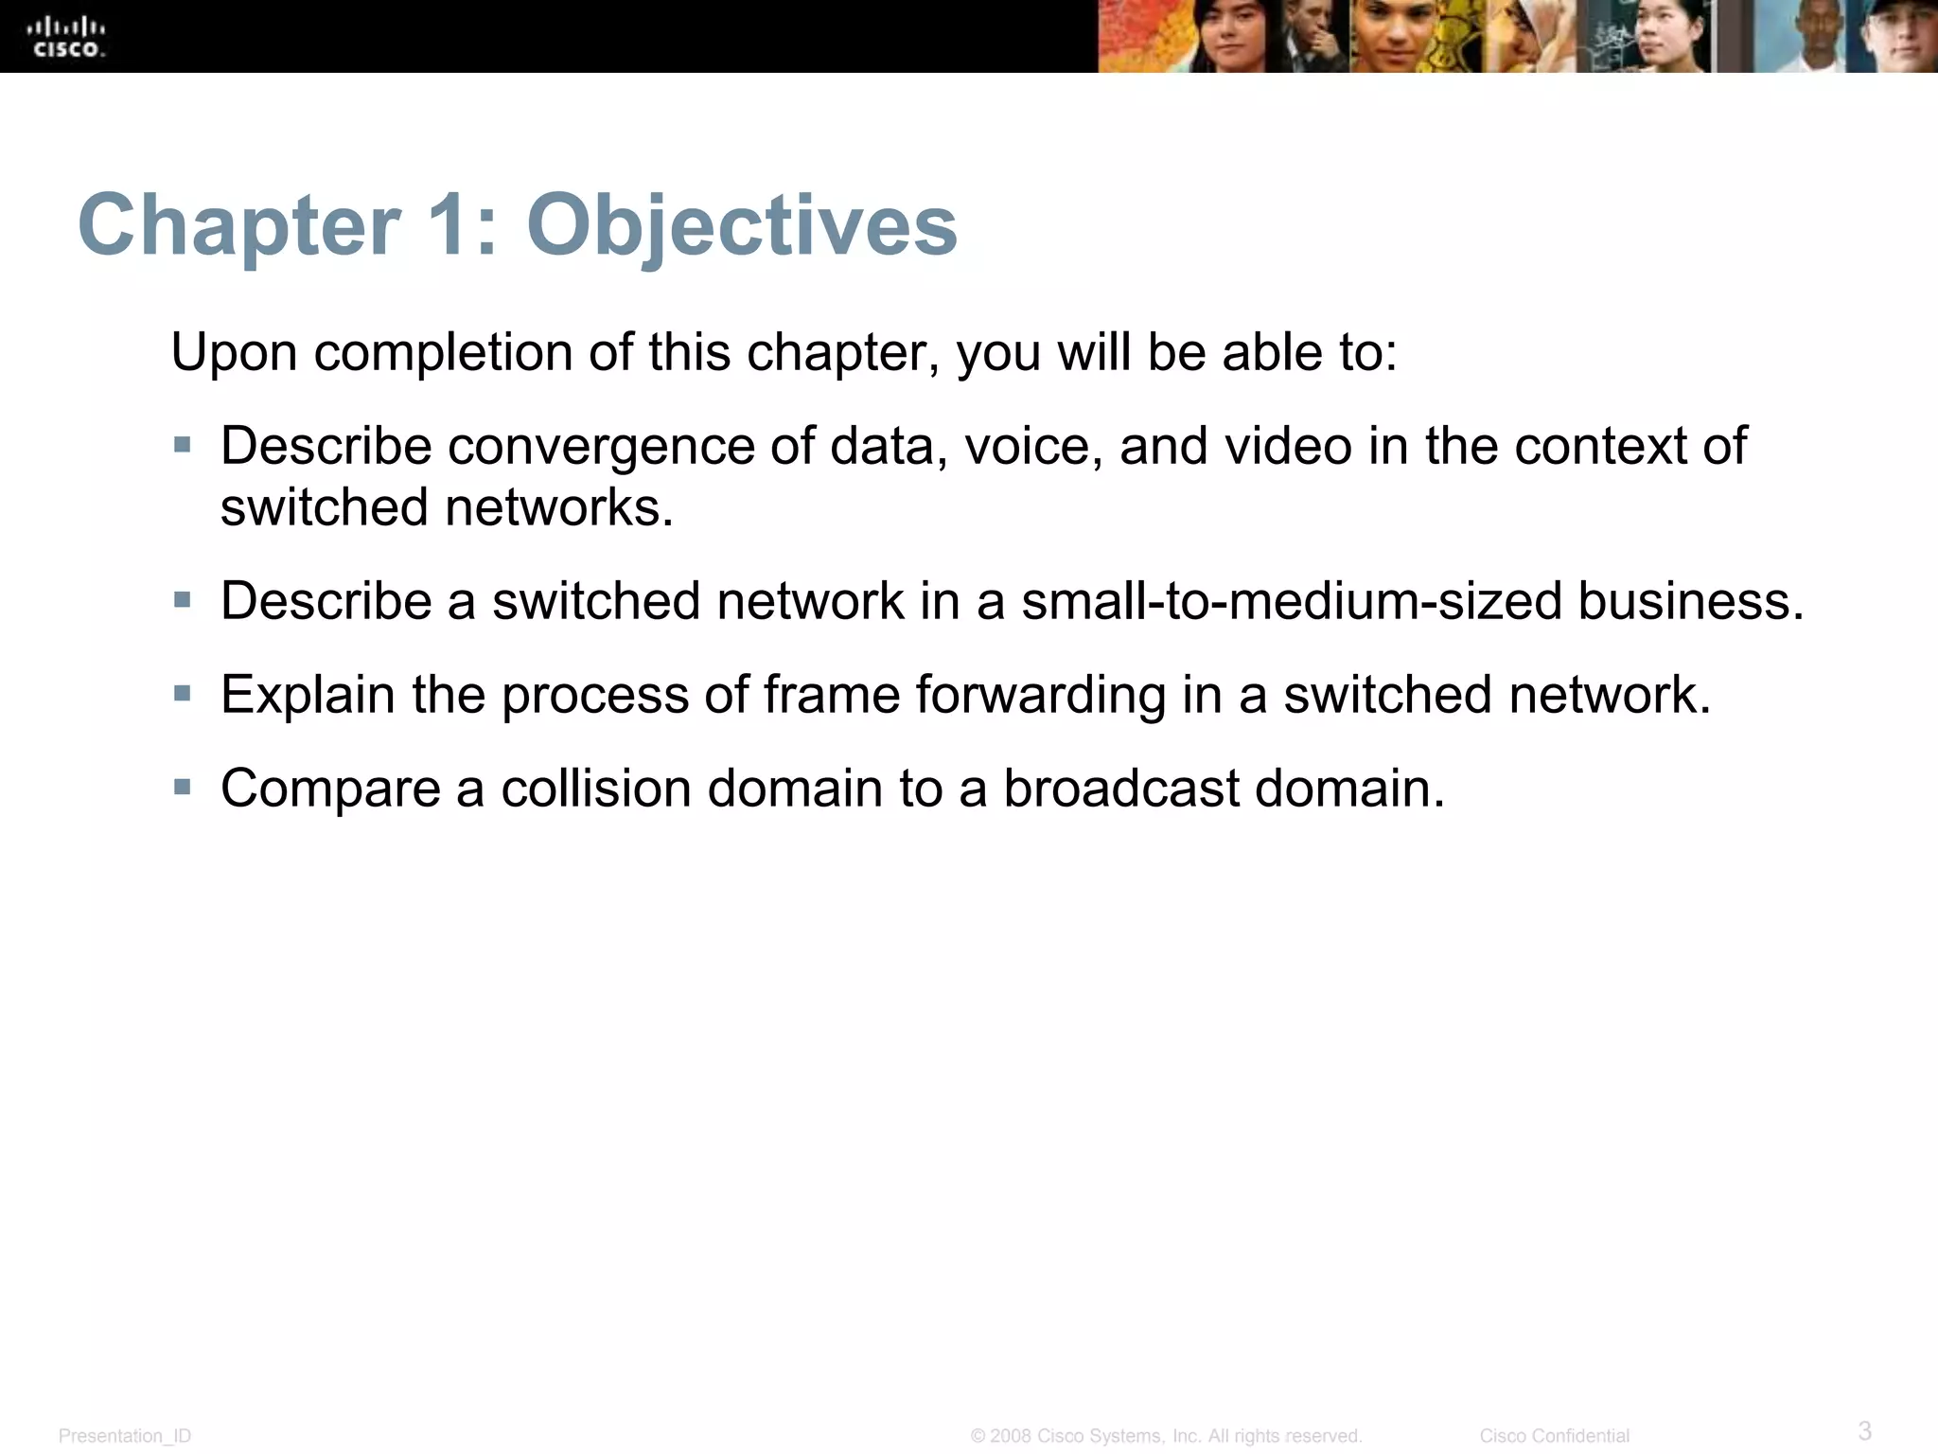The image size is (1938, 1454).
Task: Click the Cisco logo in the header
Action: coord(66,38)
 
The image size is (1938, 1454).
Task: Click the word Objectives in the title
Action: coord(741,225)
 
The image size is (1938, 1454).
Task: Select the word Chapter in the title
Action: coord(238,225)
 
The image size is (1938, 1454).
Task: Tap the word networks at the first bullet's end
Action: coord(558,507)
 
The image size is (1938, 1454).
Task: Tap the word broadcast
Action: coord(1120,788)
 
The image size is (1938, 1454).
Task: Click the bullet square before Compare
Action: coord(183,786)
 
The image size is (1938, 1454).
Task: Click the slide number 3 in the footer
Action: coord(1864,1429)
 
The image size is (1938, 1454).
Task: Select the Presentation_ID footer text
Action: coord(125,1436)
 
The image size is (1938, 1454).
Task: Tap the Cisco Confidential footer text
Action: coord(1554,1436)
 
